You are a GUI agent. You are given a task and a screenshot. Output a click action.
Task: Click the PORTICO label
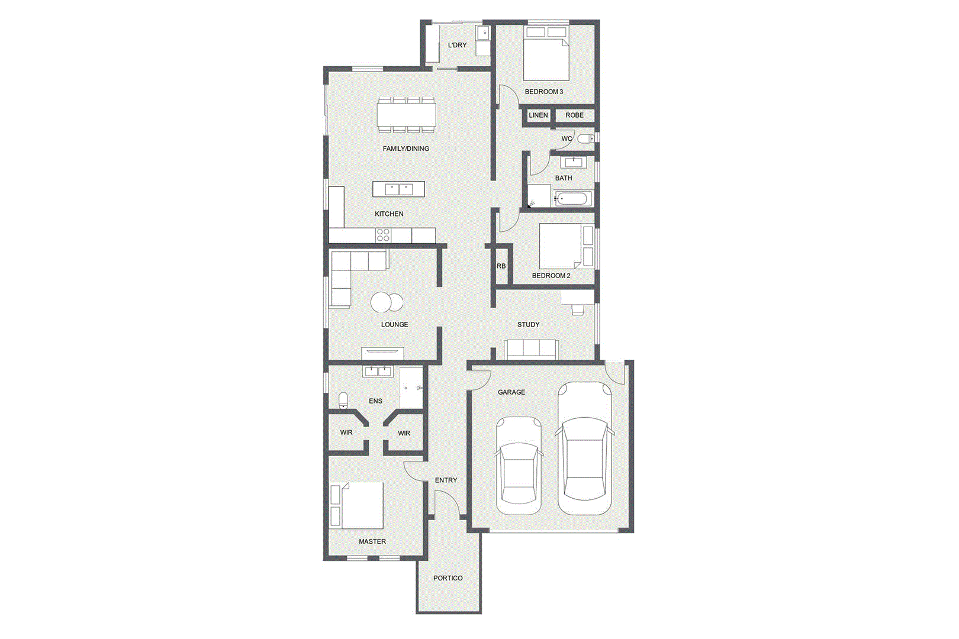[448, 578]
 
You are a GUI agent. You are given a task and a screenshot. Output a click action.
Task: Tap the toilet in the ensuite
[343, 401]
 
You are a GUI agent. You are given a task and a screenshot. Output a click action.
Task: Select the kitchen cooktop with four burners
[383, 235]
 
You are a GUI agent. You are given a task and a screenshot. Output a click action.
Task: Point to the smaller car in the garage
[519, 465]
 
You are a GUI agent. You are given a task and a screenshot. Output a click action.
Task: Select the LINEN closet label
[538, 115]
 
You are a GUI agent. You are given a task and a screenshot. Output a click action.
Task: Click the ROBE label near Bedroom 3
[574, 115]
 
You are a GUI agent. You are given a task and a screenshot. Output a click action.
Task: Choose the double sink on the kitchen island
[399, 189]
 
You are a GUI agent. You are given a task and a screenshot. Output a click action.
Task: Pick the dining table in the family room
[406, 114]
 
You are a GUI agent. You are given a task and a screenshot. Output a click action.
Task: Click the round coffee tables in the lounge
[387, 302]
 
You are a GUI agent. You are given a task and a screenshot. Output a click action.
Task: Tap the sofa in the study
[531, 350]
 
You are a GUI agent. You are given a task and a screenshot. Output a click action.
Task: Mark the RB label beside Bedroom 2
[501, 266]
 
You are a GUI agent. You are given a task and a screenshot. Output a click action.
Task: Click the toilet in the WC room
[585, 138]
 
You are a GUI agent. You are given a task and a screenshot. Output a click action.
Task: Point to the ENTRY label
[446, 480]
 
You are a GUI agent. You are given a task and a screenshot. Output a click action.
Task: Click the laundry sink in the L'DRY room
[484, 34]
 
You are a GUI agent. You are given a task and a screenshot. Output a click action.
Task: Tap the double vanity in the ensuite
[378, 371]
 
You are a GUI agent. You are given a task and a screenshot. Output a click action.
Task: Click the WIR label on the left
[346, 433]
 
